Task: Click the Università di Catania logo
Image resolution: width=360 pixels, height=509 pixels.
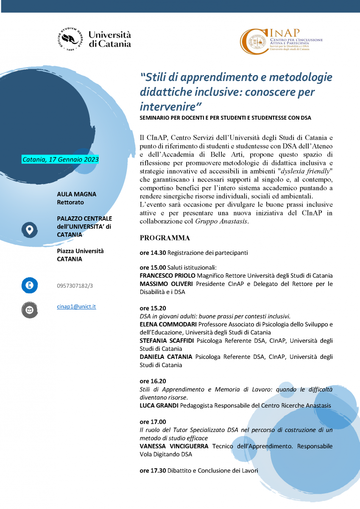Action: point(94,39)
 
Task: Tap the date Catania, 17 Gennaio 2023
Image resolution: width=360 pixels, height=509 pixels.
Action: point(60,159)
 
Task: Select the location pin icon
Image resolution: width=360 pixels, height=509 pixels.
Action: point(30,230)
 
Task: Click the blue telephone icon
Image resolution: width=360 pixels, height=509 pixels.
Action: point(30,285)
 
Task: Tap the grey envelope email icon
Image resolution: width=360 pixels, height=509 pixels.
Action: point(30,310)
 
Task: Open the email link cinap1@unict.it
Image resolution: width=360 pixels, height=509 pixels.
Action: point(76,306)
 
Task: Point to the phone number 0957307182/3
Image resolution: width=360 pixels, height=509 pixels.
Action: point(75,286)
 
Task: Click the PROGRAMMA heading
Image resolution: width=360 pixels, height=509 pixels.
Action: point(165,238)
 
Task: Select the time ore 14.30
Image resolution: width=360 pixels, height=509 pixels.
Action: point(153,253)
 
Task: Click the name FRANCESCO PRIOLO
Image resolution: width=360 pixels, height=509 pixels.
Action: point(166,276)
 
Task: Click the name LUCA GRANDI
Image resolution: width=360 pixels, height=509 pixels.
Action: point(159,406)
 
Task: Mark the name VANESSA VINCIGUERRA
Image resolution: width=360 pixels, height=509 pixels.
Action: point(174,446)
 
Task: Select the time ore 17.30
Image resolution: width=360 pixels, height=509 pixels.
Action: point(153,470)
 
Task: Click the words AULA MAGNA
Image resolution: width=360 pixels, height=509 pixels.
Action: point(76,194)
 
